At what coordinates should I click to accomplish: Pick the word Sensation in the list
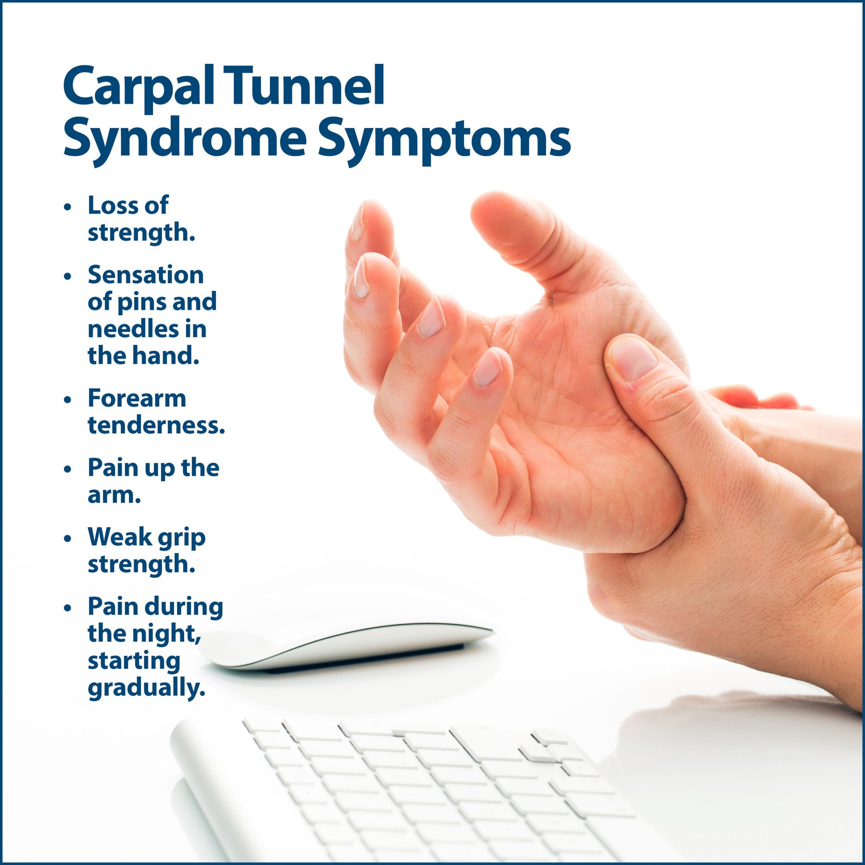coord(146,275)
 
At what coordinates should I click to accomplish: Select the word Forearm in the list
coord(136,398)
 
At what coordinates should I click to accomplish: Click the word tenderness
coord(156,425)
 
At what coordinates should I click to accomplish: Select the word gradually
coord(147,688)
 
